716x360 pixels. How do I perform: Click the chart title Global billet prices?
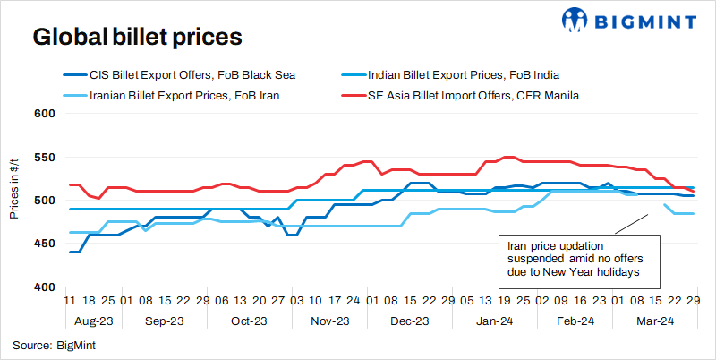[x=137, y=37]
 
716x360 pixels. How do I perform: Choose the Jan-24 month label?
[x=495, y=320]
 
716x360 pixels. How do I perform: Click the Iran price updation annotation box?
[x=578, y=258]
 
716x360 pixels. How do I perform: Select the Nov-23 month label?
[x=330, y=320]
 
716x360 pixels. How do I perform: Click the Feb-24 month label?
[x=575, y=320]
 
